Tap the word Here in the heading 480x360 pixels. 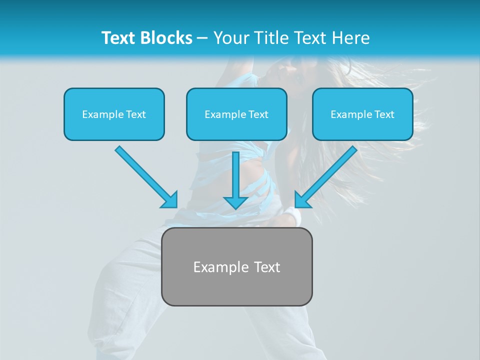pos(350,38)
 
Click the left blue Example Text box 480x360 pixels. pos(114,114)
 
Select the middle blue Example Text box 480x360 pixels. pos(236,114)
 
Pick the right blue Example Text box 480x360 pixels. pos(362,114)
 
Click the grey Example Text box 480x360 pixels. pos(236,266)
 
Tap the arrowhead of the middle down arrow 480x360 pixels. pos(235,202)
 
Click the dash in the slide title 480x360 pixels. pos(202,38)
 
